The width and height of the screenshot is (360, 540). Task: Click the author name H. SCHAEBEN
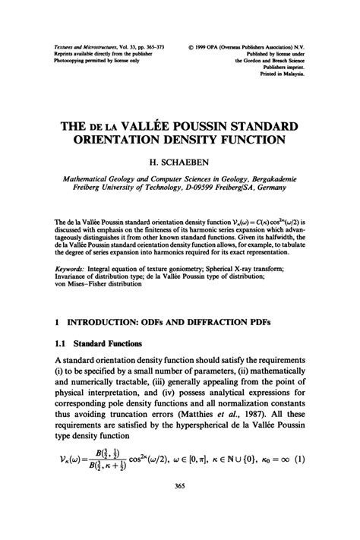coord(180,162)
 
